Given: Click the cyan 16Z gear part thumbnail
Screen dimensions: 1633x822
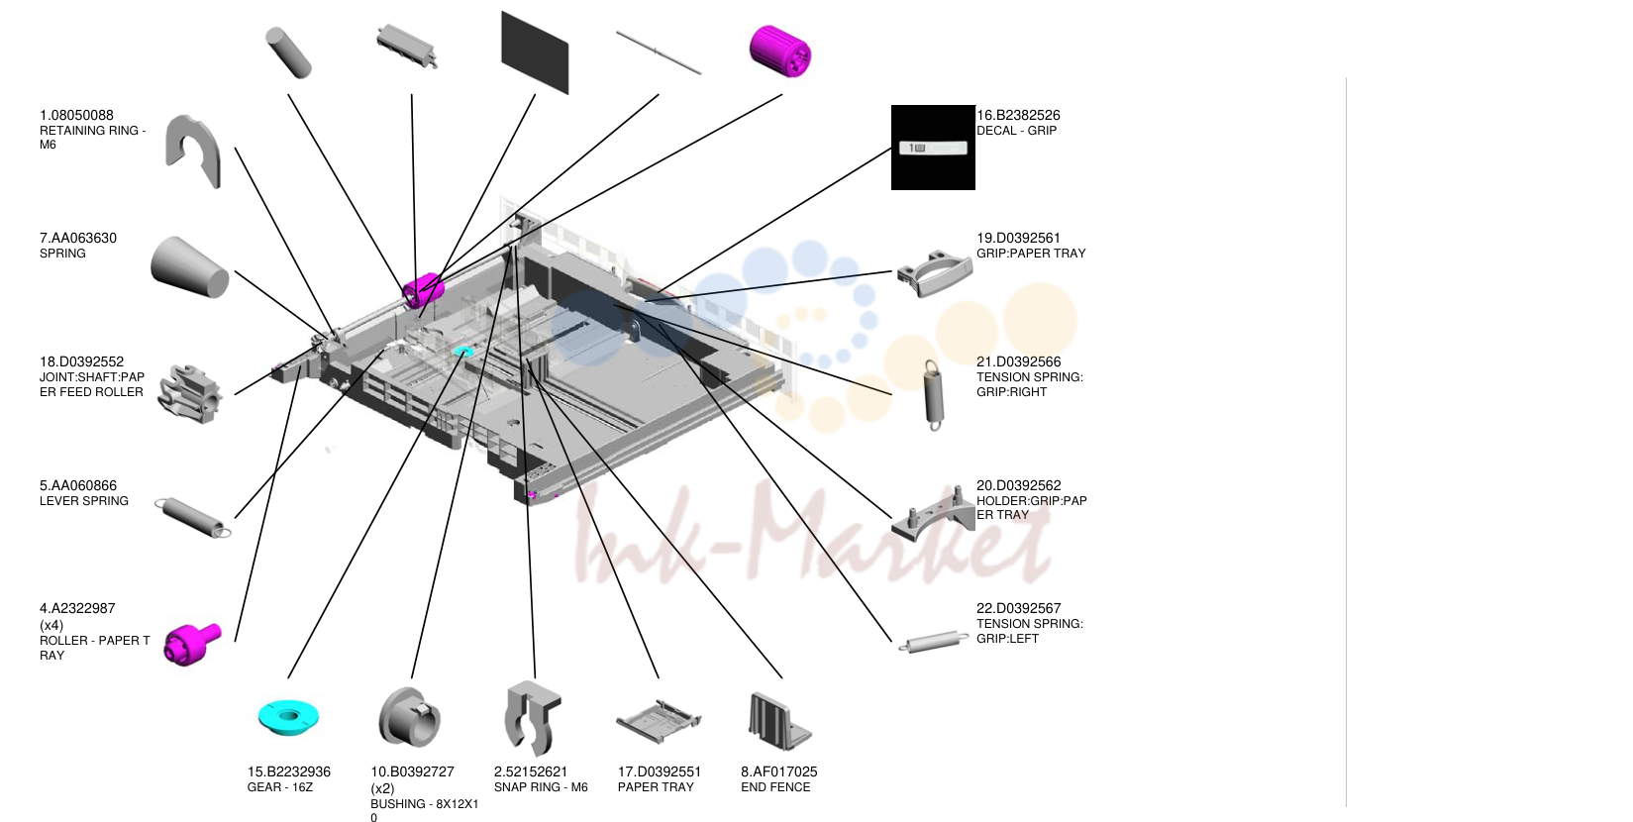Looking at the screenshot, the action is click(x=289, y=717).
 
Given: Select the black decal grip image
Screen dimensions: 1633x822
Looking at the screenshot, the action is click(x=933, y=148).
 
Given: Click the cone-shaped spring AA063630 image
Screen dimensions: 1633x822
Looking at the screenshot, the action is click(x=189, y=267).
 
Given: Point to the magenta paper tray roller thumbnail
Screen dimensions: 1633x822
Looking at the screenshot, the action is click(x=192, y=644).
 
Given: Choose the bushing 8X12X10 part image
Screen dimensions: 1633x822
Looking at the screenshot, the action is click(x=409, y=718).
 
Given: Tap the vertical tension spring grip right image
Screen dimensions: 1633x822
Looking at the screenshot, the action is click(x=933, y=394).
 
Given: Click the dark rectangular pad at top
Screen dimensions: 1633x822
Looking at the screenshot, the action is click(x=535, y=52).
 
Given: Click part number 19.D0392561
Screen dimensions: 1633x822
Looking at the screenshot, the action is click(x=1018, y=238).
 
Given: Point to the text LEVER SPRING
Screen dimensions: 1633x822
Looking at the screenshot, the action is click(x=84, y=501).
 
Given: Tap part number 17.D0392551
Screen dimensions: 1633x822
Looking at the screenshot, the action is click(x=659, y=771).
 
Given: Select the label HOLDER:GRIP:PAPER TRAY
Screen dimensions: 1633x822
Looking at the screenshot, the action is click(x=1032, y=508).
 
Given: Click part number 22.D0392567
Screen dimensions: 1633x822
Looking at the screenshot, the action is click(x=1018, y=608).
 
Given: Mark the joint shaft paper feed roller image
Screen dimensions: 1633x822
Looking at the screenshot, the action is click(x=189, y=394).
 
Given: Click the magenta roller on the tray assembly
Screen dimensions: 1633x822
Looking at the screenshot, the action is click(x=424, y=290).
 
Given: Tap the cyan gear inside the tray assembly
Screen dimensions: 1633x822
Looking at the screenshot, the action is click(x=462, y=353).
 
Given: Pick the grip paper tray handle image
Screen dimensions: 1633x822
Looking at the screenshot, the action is click(x=935, y=274).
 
